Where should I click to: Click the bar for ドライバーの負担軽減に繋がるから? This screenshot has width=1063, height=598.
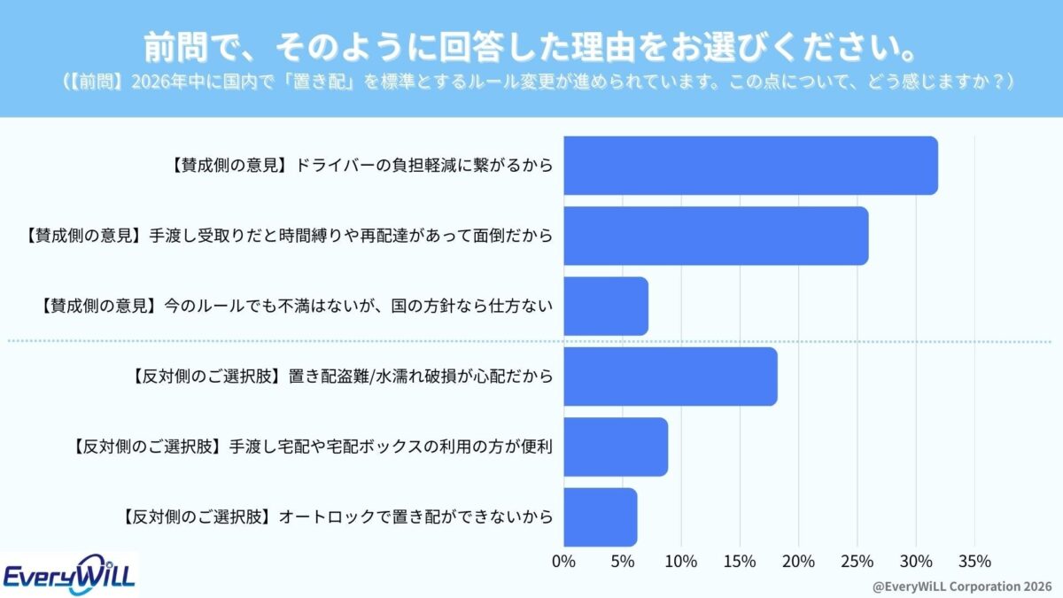[x=750, y=166]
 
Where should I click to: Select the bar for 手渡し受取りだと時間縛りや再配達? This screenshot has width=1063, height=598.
[x=716, y=236]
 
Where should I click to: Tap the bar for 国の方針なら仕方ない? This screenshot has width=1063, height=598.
[x=606, y=306]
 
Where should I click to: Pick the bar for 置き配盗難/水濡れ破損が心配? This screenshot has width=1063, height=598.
[x=670, y=377]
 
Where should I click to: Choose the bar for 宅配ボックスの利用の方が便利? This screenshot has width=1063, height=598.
[x=616, y=447]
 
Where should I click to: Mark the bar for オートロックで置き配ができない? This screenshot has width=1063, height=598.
[x=600, y=516]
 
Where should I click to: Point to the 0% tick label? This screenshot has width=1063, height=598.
[x=563, y=561]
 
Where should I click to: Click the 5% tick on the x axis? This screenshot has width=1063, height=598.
[x=622, y=561]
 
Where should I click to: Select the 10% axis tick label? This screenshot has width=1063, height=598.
[x=680, y=561]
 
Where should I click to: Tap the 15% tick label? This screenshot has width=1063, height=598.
[x=739, y=561]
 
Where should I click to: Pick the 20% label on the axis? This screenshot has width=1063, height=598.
[x=798, y=561]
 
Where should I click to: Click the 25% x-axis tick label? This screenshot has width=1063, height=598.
[x=857, y=561]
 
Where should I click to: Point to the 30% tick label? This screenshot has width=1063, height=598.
[x=915, y=561]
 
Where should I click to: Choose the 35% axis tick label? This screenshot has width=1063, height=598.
[x=974, y=561]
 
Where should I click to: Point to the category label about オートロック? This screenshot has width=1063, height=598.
[x=336, y=516]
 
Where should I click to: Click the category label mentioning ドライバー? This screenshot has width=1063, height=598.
[x=360, y=166]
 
